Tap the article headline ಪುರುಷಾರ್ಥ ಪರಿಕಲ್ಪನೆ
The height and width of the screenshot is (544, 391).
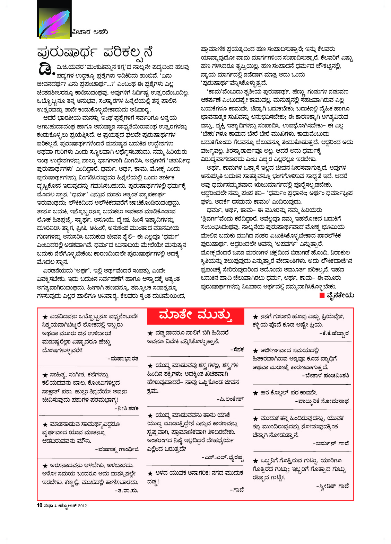95,53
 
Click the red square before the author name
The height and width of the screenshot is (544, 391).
322,295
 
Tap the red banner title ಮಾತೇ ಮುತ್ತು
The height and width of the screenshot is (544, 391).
195,315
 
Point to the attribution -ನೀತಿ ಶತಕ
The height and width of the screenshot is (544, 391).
127,409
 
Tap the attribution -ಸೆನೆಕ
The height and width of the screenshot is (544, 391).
237,350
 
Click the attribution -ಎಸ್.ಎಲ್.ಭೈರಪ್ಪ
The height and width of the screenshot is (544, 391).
223,458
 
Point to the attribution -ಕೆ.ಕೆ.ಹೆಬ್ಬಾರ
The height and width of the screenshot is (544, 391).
334,333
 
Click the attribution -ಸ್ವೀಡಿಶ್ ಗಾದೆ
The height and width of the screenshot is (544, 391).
332,486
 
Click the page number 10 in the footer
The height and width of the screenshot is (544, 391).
40,506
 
